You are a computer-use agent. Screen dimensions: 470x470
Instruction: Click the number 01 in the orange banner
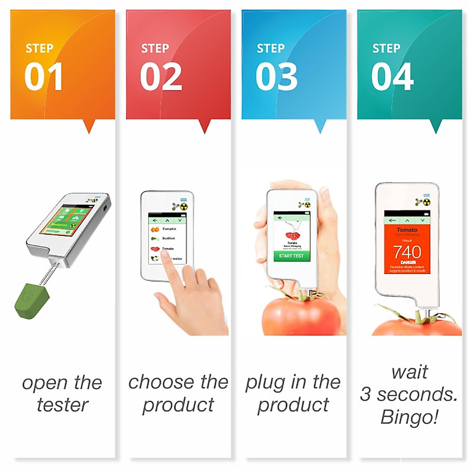tap(43, 77)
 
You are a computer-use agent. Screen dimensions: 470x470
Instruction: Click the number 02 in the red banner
tap(161, 77)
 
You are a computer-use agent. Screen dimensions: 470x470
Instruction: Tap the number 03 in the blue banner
tap(277, 77)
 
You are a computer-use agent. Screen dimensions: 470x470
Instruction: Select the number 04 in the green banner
tap(392, 77)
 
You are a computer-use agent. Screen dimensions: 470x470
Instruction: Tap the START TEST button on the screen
tap(291, 256)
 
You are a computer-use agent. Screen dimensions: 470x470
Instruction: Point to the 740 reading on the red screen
tap(407, 251)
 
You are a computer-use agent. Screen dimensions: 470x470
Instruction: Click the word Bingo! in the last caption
tap(409, 417)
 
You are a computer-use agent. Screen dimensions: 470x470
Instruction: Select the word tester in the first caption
tap(62, 405)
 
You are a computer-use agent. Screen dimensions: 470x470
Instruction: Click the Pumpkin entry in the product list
tap(169, 229)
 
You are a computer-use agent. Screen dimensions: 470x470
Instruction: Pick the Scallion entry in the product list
tap(168, 238)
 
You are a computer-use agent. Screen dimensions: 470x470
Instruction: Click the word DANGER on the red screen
tap(408, 262)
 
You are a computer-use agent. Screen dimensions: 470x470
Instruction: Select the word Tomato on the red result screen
tap(407, 230)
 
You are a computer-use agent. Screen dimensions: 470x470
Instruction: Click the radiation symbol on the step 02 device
tap(184, 206)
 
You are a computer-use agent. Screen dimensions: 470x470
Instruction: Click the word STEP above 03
tap(270, 49)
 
